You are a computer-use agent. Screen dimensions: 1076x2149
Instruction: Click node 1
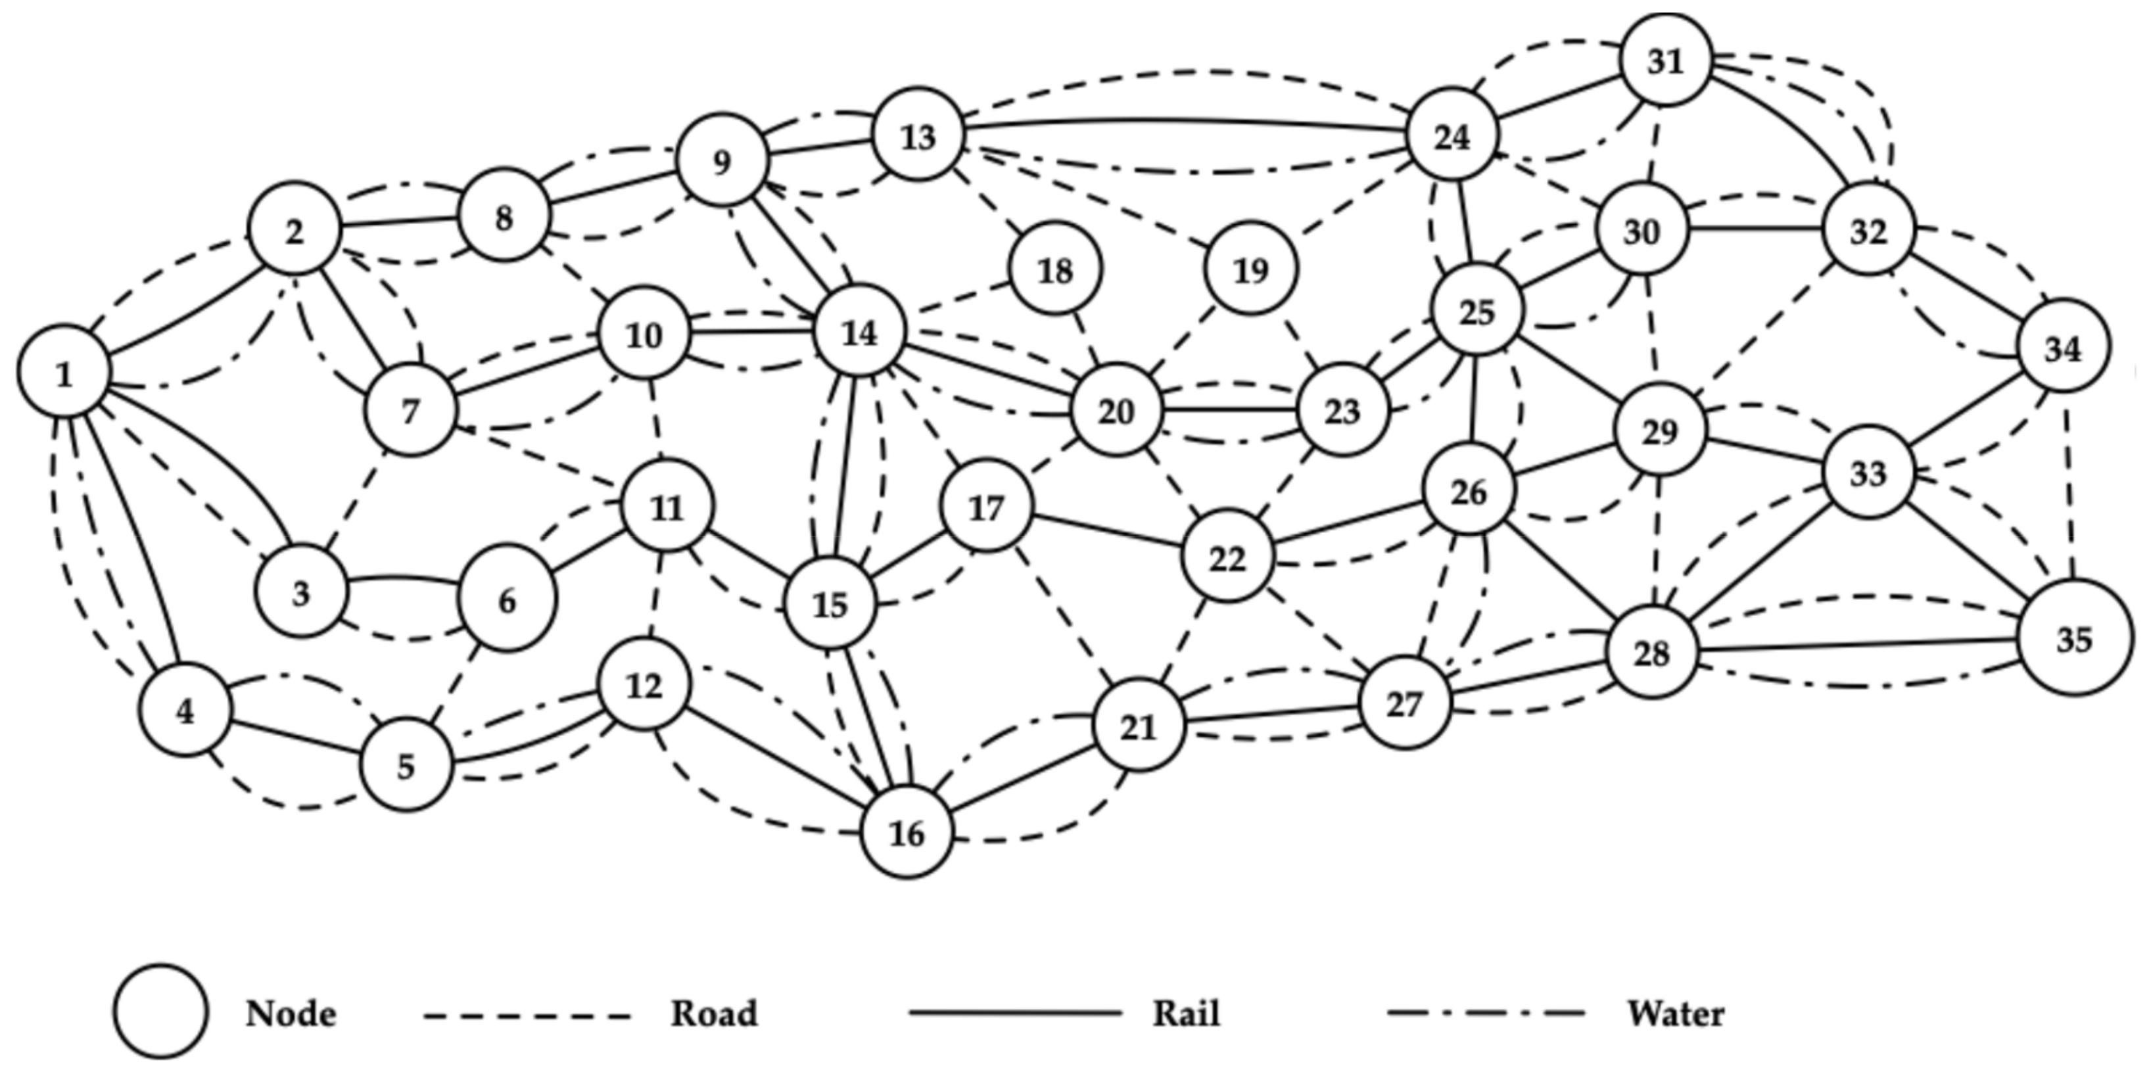[x=64, y=372]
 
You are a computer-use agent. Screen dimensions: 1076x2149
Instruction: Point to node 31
[x=1666, y=60]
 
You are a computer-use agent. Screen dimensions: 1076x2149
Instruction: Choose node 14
[x=859, y=333]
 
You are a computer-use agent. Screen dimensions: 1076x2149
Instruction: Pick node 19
[x=1250, y=269]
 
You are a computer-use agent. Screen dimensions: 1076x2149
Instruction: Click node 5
[x=406, y=765]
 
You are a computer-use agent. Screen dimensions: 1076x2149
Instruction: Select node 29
[x=1659, y=431]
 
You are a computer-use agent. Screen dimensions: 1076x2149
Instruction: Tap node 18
[x=1055, y=269]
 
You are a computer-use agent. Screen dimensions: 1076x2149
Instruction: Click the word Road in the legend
[x=714, y=1014]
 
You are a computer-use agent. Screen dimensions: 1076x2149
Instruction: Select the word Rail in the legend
[x=1185, y=1014]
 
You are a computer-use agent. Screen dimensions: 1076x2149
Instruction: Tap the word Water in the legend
[x=1675, y=1014]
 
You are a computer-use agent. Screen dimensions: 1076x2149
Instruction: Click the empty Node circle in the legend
[x=160, y=1012]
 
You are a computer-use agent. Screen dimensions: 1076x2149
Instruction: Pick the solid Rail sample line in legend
[x=1014, y=1014]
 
